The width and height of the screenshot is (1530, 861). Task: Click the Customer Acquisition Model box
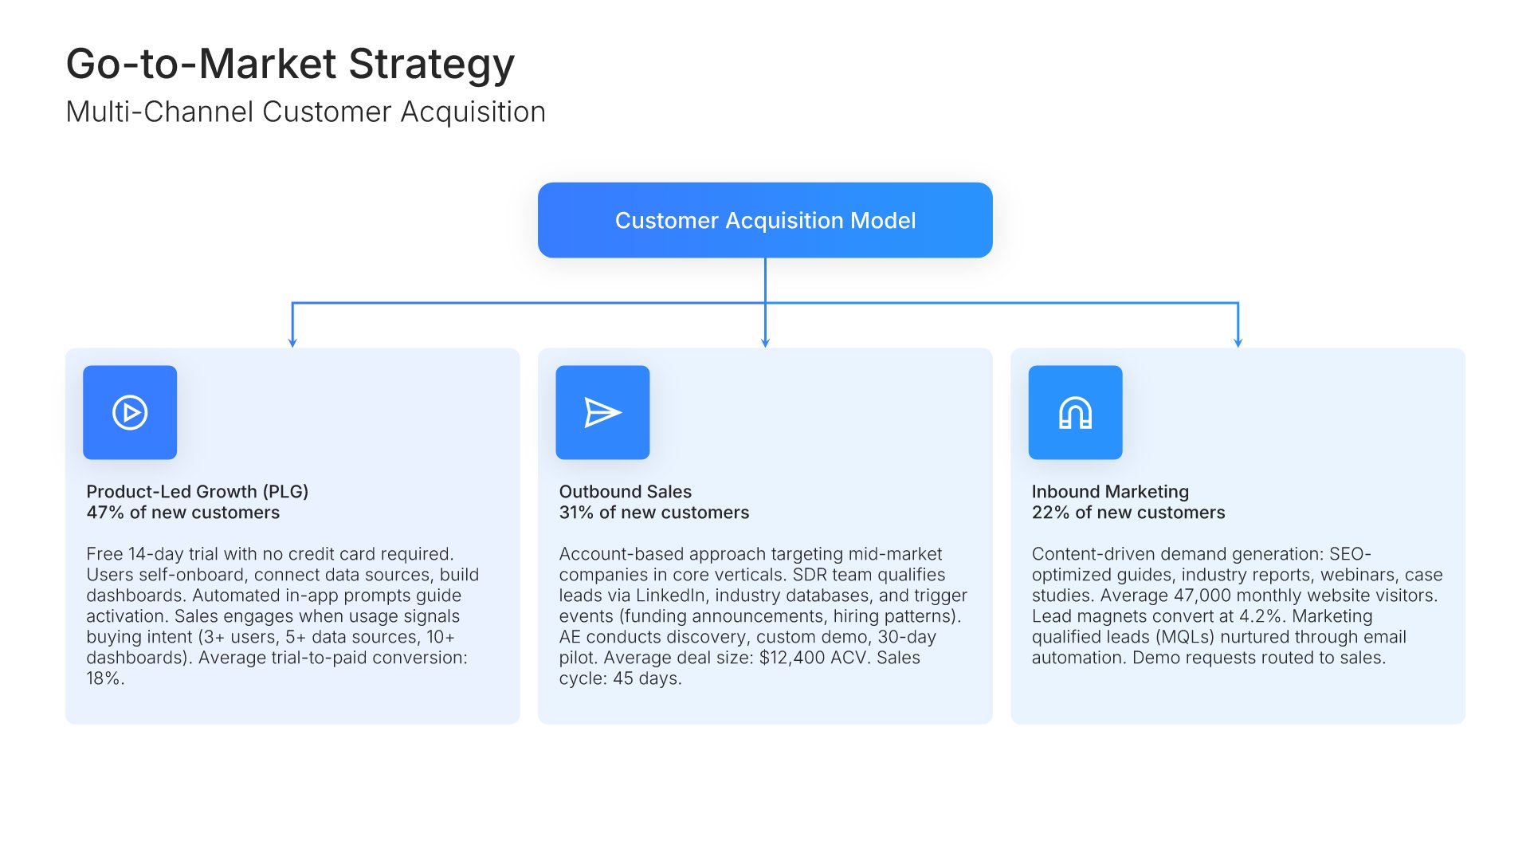coord(765,220)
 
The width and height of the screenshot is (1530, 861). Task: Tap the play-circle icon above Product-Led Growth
coord(130,412)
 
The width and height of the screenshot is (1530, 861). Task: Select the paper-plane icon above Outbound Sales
coord(602,412)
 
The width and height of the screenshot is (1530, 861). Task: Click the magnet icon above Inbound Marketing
coord(1075,412)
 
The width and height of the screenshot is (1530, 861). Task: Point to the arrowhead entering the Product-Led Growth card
coord(292,342)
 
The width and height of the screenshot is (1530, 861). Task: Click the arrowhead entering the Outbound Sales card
coord(765,342)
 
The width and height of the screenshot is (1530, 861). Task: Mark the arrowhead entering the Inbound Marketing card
coord(1238,342)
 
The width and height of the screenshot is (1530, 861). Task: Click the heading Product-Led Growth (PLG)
coord(197,492)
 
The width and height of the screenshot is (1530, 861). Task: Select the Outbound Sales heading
coord(626,492)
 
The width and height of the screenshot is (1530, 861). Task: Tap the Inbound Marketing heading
coord(1110,492)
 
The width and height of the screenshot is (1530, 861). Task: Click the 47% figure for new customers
coord(105,513)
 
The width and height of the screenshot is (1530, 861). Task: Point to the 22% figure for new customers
coord(1051,513)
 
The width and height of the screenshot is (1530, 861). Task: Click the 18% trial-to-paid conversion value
coord(105,678)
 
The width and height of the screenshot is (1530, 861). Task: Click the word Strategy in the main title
coord(432,65)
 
